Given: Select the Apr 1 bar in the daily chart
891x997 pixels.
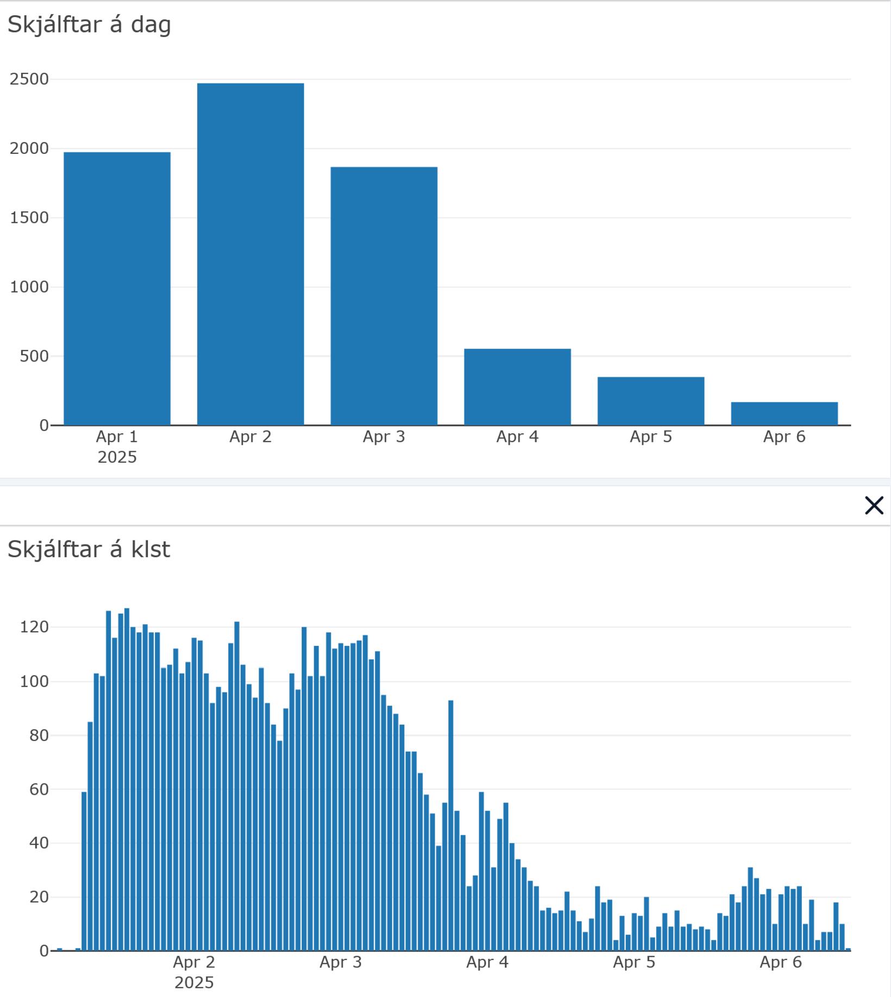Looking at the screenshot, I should [117, 288].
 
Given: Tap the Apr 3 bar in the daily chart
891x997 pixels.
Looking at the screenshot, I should [384, 296].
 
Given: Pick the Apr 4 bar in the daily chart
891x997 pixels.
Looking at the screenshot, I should [517, 387].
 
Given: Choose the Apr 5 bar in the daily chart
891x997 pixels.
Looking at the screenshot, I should [651, 401].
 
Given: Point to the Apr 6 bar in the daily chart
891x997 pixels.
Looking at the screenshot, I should [784, 413].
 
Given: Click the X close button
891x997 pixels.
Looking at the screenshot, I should [874, 506].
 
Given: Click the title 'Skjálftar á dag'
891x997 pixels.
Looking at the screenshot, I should [89, 25].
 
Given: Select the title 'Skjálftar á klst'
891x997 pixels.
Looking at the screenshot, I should [89, 550].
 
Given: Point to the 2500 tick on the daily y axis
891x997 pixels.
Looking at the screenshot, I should [29, 79].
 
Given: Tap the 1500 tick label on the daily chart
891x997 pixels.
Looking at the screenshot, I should [29, 218].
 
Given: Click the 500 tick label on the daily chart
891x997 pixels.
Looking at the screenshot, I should [34, 357].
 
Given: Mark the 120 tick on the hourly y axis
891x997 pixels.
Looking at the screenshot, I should [34, 627].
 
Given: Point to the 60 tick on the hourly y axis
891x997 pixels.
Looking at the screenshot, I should [39, 789].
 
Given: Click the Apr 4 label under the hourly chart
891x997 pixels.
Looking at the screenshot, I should [487, 963].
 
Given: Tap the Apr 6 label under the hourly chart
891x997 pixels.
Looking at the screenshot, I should [781, 963].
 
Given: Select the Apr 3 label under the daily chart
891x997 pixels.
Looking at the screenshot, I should [384, 437].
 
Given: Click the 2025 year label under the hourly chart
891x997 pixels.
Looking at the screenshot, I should [194, 983].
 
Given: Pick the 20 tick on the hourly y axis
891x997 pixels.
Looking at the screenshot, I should [39, 898].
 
